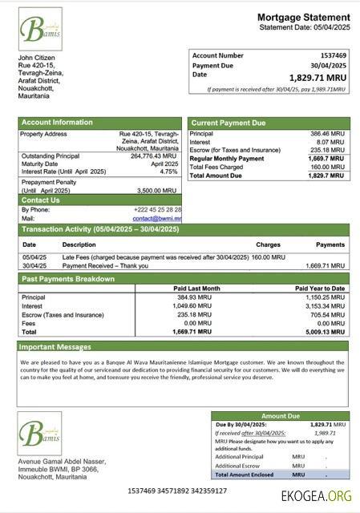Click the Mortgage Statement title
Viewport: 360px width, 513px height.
click(303, 17)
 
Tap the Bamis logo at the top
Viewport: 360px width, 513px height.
click(40, 30)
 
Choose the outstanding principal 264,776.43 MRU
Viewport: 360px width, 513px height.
click(154, 156)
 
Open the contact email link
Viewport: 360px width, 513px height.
click(156, 218)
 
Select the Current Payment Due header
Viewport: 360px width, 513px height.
click(228, 123)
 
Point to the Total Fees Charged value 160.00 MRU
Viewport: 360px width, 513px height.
click(329, 167)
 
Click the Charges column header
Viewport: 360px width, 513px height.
click(268, 244)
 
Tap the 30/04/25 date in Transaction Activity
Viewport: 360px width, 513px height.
click(32, 265)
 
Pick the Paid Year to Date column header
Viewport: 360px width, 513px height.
click(319, 288)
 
